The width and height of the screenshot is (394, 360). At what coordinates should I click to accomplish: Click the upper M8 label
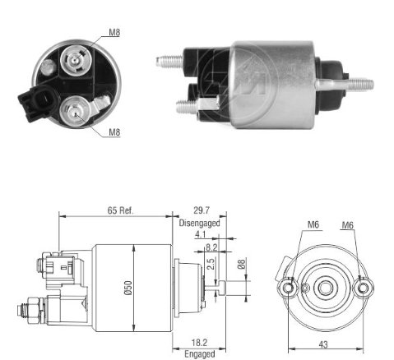click(114, 32)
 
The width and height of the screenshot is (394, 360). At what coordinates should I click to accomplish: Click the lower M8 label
click(114, 132)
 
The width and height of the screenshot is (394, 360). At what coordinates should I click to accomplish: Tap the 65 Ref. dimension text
click(120, 210)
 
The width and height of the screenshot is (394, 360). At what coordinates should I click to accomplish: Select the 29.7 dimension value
click(202, 210)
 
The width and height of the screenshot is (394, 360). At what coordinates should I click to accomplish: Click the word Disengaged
click(199, 223)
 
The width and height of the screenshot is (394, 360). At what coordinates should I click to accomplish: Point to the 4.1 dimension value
click(200, 234)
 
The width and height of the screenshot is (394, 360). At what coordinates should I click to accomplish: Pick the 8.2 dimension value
click(211, 247)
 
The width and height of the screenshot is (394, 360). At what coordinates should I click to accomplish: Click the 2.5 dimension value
click(211, 264)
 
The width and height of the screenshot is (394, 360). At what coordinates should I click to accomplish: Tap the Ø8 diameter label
click(241, 264)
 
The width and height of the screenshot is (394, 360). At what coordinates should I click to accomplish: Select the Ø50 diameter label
click(128, 288)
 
